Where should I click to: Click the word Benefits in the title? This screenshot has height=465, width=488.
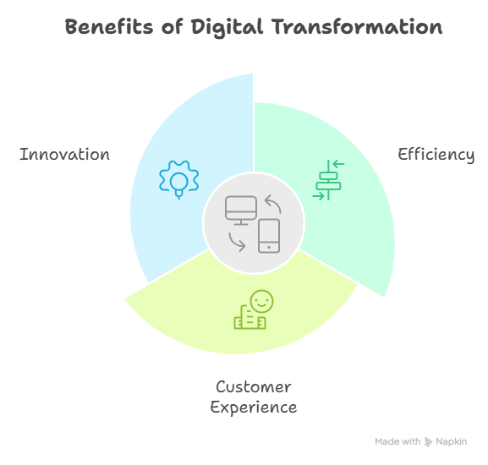point(109,26)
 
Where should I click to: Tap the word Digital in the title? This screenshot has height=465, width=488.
point(228,27)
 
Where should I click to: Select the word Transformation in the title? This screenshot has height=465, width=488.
point(357,26)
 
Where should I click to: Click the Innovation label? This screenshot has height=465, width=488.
point(64,154)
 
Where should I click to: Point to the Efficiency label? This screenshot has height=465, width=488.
point(436,155)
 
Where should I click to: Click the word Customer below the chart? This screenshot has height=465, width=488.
point(254,387)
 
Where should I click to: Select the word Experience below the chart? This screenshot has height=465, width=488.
point(254,408)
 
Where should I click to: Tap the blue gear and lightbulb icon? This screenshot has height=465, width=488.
point(179,179)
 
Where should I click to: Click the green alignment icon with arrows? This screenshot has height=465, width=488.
point(328,180)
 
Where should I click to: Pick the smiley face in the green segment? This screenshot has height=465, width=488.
point(261,301)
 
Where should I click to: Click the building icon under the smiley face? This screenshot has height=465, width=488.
point(249,317)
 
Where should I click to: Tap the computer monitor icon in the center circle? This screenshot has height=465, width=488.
point(241,210)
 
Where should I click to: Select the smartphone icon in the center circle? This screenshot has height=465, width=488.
point(269,236)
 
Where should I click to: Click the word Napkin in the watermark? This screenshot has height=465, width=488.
point(452,441)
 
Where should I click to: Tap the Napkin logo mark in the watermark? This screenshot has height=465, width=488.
point(429,442)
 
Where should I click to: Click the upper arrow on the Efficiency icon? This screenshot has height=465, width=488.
point(338,164)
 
